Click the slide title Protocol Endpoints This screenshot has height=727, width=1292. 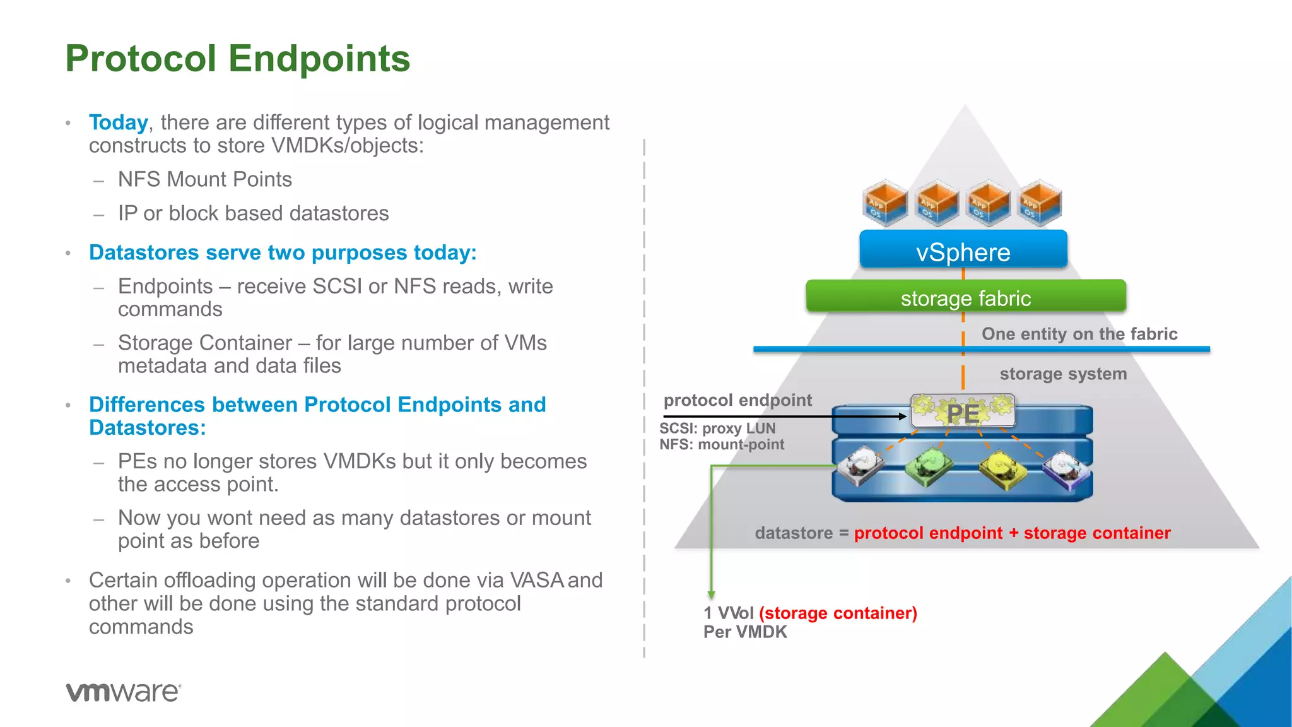pyautogui.click(x=238, y=58)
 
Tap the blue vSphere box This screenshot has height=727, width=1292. pyautogui.click(x=963, y=251)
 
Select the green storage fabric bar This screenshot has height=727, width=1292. pyautogui.click(x=965, y=297)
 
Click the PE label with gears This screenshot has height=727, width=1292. pyautogui.click(x=963, y=412)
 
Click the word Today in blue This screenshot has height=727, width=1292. pyautogui.click(x=118, y=122)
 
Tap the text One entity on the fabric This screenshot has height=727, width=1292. pyautogui.click(x=1079, y=334)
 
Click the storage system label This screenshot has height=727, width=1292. pyautogui.click(x=1063, y=374)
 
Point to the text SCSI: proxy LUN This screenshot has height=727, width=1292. pyautogui.click(x=717, y=429)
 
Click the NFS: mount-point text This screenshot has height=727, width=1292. pyautogui.click(x=722, y=445)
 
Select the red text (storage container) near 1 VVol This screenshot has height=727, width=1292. pyautogui.click(x=838, y=613)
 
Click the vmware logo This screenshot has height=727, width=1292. pyautogui.click(x=124, y=692)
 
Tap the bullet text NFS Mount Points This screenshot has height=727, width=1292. pyautogui.click(x=204, y=180)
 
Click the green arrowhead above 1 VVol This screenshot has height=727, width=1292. pyautogui.click(x=711, y=594)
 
